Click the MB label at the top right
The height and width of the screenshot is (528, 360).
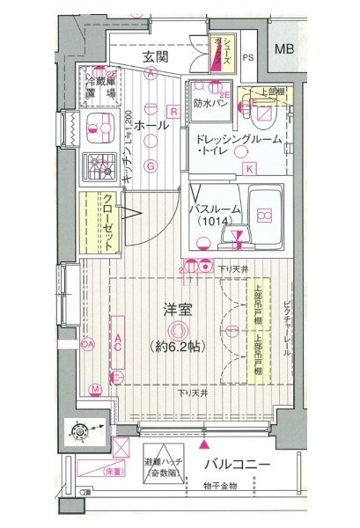pyautogui.click(x=283, y=50)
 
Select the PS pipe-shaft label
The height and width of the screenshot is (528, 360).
pyautogui.click(x=248, y=58)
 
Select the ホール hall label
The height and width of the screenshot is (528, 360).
pyautogui.click(x=152, y=128)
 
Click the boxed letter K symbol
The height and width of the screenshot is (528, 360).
pyautogui.click(x=248, y=168)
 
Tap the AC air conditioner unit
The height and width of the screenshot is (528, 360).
pyautogui.click(x=118, y=347)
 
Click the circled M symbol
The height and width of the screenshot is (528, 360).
pyautogui.click(x=95, y=387)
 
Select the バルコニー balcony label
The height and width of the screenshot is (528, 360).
pyautogui.click(x=238, y=464)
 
